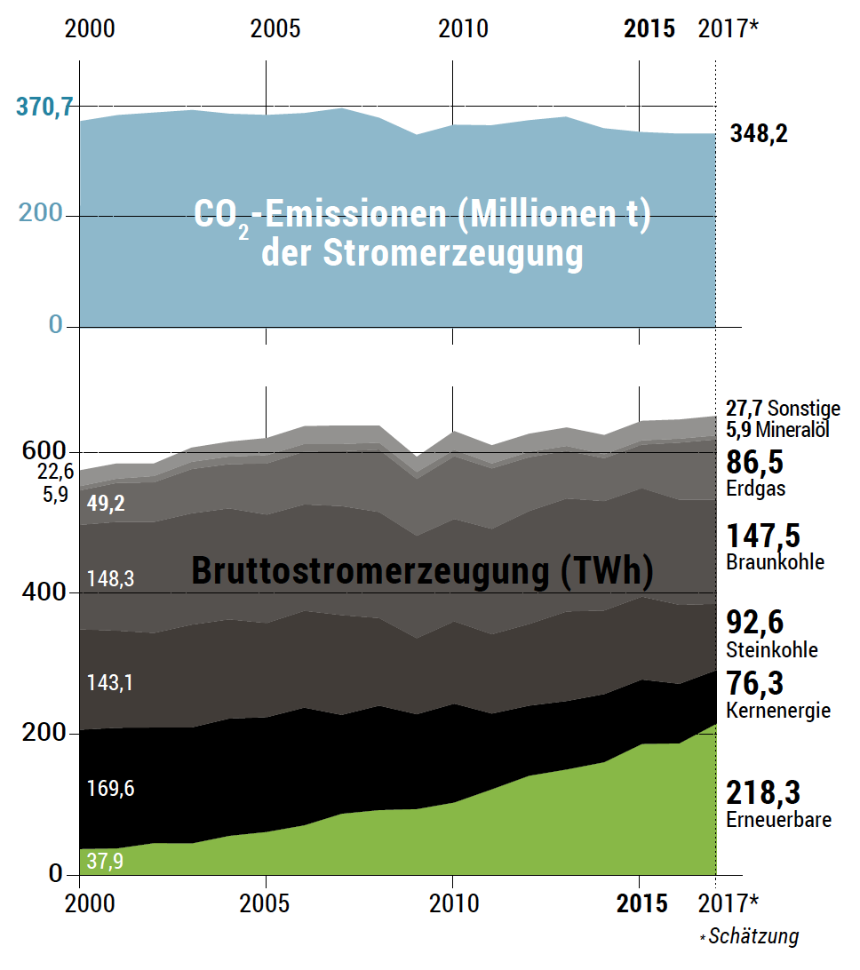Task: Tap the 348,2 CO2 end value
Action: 758,134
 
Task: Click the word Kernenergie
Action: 778,711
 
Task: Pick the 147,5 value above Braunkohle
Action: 763,536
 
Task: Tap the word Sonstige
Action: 804,409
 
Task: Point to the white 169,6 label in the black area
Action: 110,788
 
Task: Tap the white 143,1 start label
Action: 110,683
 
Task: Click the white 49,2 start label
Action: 106,503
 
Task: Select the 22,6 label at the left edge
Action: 55,472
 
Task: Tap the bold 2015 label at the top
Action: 649,29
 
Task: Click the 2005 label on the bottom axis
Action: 275,903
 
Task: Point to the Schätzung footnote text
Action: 754,936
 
